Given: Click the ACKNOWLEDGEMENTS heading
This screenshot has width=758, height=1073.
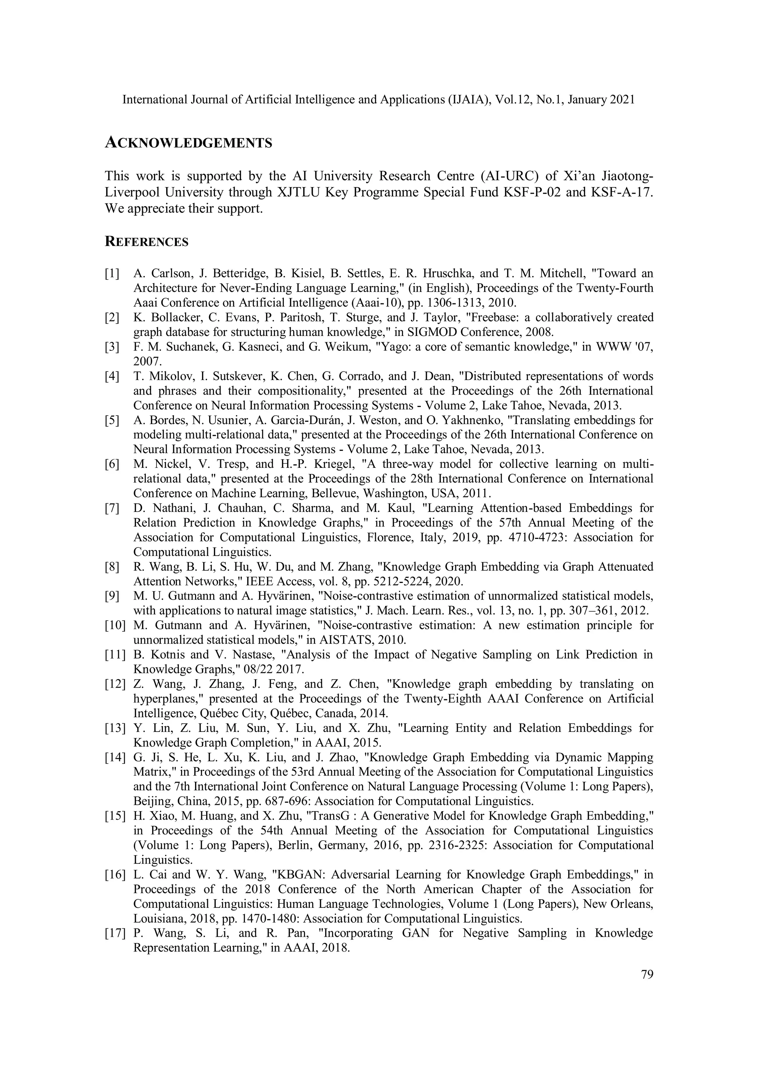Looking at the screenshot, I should [188, 143].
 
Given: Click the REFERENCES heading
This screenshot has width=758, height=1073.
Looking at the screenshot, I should [147, 242].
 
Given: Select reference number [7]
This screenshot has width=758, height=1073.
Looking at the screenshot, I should [112, 508].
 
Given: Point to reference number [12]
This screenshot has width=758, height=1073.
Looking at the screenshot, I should [115, 684].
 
